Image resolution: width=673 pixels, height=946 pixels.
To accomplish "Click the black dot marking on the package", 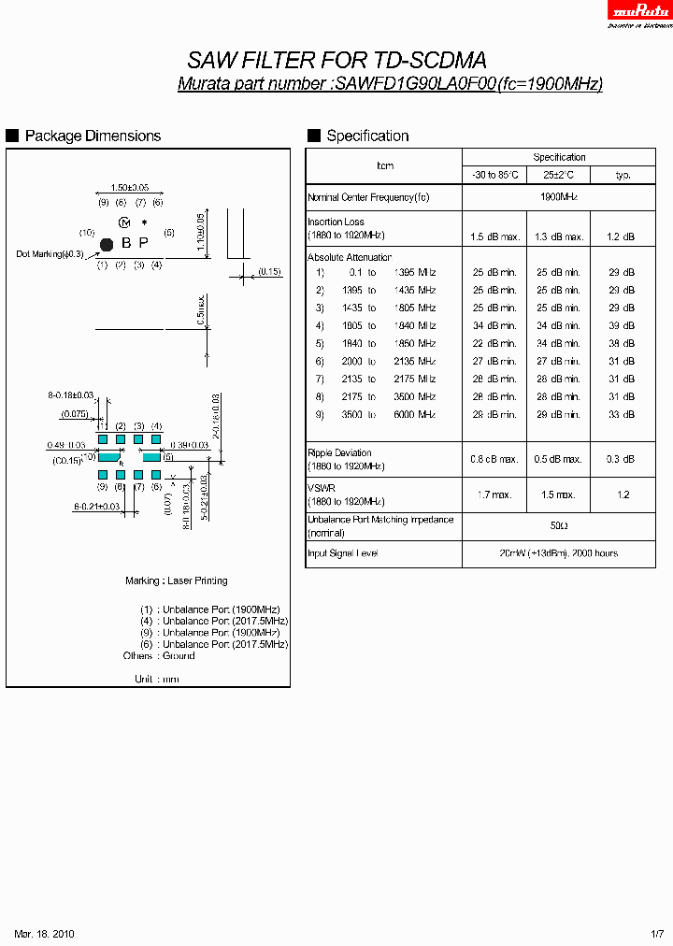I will [106, 244].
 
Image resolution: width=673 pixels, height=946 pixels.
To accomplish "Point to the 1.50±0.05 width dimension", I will [130, 188].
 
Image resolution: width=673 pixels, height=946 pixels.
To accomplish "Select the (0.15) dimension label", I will [269, 271].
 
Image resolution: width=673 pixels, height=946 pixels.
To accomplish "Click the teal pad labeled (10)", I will [109, 457].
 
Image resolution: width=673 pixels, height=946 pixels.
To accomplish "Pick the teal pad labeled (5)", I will [150, 457].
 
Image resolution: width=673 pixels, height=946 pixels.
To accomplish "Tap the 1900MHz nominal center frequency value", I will [559, 197].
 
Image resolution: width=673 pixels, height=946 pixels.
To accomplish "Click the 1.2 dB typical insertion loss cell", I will [623, 236].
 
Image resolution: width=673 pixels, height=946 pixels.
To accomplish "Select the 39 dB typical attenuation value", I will [623, 325].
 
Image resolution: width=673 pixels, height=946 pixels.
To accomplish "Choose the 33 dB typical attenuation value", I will [623, 414].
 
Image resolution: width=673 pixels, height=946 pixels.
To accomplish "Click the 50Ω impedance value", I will [559, 526].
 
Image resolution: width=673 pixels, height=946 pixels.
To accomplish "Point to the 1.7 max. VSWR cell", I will [494, 494].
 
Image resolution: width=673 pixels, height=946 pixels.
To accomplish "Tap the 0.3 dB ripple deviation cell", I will [623, 459].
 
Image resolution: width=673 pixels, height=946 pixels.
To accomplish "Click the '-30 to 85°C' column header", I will [494, 175].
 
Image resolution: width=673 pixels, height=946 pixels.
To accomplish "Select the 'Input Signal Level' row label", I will [342, 553].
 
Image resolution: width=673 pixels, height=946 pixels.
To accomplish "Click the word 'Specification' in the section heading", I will [367, 136].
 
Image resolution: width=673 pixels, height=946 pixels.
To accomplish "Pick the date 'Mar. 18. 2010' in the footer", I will [44, 934].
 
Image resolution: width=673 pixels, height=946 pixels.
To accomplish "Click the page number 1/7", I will [658, 934].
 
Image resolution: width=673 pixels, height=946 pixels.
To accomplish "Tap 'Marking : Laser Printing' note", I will [177, 580].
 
